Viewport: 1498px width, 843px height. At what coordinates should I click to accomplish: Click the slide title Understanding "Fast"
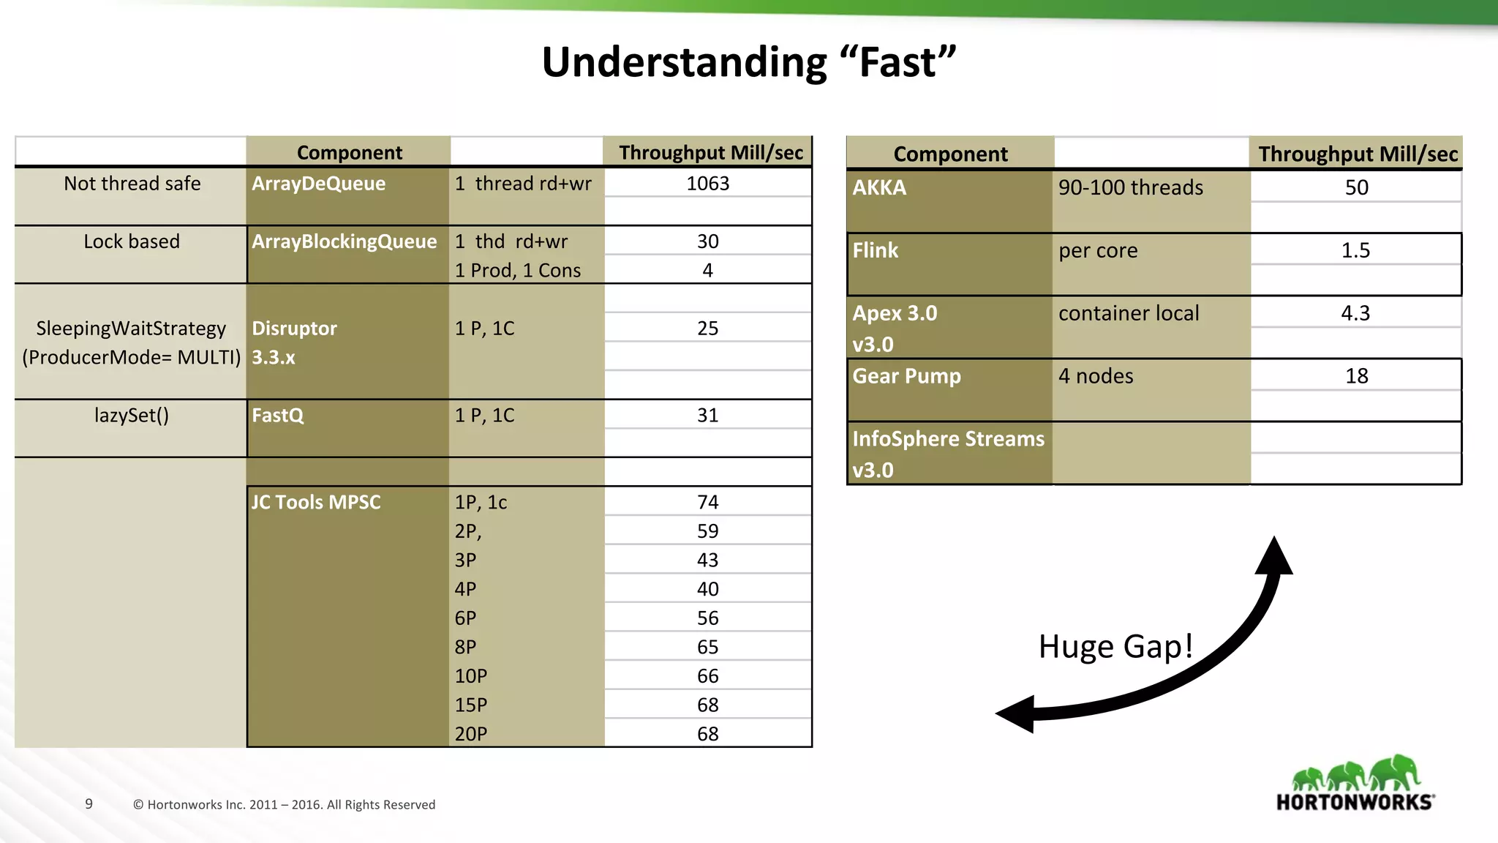(x=748, y=61)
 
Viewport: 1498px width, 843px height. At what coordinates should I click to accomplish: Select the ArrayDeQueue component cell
(x=318, y=184)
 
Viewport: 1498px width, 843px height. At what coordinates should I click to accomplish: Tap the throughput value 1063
(x=707, y=184)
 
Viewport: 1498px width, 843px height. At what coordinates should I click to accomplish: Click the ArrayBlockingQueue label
(x=344, y=241)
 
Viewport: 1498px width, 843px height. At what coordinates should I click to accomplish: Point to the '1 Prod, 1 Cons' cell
(x=517, y=271)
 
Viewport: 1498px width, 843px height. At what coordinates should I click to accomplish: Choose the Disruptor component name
(x=294, y=329)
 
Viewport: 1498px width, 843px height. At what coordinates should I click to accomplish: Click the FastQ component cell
(x=277, y=416)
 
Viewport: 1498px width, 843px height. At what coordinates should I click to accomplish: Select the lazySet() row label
(x=132, y=416)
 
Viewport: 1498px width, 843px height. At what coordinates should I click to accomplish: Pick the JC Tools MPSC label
(x=316, y=503)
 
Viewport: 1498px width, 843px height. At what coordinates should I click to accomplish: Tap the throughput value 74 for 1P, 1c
(x=707, y=503)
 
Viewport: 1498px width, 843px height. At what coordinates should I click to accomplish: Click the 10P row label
(x=470, y=676)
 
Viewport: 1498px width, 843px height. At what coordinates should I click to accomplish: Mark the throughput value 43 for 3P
(x=707, y=561)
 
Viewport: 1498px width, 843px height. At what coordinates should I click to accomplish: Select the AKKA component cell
(x=879, y=188)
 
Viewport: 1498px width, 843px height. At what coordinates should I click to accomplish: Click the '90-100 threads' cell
(x=1130, y=188)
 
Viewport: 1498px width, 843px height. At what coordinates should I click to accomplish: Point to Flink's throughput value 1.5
(x=1355, y=251)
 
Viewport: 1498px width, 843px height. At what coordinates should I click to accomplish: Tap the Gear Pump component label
(x=906, y=376)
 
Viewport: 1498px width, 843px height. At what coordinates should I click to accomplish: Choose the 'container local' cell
(x=1129, y=314)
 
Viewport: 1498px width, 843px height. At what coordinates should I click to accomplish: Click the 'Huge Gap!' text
(x=1115, y=647)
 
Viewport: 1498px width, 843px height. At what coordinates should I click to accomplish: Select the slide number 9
(x=89, y=803)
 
